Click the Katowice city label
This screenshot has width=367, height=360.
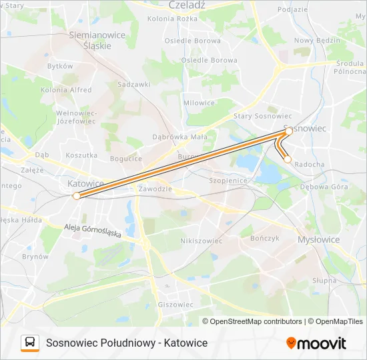[x=85, y=183]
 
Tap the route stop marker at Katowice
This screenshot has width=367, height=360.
[x=77, y=195]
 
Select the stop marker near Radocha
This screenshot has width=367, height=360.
[x=288, y=159]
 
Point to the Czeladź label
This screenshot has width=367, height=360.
[x=187, y=5]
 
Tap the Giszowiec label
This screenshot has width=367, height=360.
[x=175, y=304]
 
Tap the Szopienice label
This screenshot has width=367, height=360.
[x=228, y=181]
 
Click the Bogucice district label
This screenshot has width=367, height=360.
[x=126, y=159]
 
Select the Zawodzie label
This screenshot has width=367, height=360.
[x=154, y=189]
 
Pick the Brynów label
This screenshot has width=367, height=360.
[x=35, y=256]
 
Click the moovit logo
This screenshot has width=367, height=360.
[x=316, y=343]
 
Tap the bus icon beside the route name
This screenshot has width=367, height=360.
[x=30, y=343]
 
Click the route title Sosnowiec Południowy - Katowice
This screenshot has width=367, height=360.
[x=127, y=343]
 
